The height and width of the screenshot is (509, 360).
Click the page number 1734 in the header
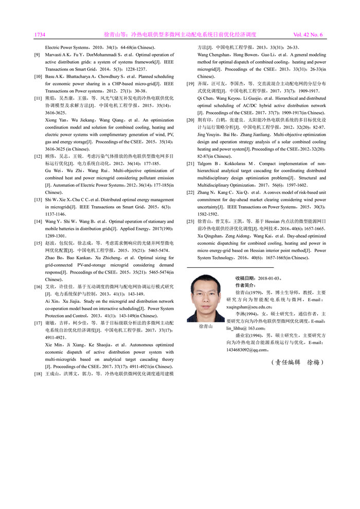pyautogui.click(x=40, y=35)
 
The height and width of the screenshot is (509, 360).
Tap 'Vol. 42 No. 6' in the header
pyautogui.click(x=308, y=35)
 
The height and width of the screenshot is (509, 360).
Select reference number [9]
pyautogui.click(x=37, y=54)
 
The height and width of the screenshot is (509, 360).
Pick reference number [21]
pyautogui.click(x=190, y=163)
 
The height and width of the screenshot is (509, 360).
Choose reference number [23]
pyautogui.click(x=190, y=221)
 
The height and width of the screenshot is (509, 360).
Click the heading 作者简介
pyautogui.click(x=245, y=285)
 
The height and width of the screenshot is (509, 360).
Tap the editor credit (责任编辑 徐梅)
pyautogui.click(x=297, y=362)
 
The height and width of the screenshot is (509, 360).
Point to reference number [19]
pyautogui.click(x=190, y=82)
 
